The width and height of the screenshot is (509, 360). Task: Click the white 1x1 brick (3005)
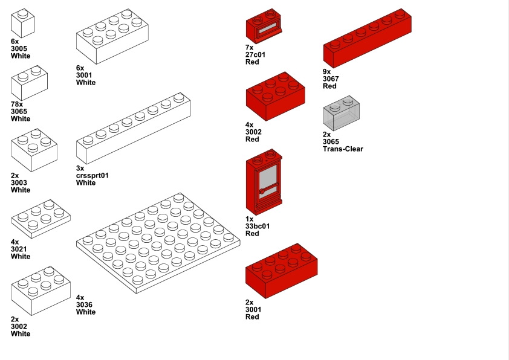click(x=22, y=25)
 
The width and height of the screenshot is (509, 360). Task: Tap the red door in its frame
click(x=265, y=187)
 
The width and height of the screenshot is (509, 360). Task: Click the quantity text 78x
click(x=18, y=104)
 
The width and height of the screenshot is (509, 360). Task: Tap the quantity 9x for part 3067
click(x=327, y=71)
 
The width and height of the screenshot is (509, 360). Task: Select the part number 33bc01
click(x=257, y=227)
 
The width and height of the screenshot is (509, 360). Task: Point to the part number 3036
click(x=86, y=305)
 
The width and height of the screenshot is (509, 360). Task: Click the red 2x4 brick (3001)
click(x=281, y=272)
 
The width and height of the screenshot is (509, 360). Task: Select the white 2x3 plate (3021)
click(x=41, y=217)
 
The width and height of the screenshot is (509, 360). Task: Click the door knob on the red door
click(x=262, y=191)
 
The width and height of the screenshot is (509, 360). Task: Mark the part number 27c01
click(x=256, y=54)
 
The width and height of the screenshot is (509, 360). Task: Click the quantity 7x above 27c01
click(x=249, y=47)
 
